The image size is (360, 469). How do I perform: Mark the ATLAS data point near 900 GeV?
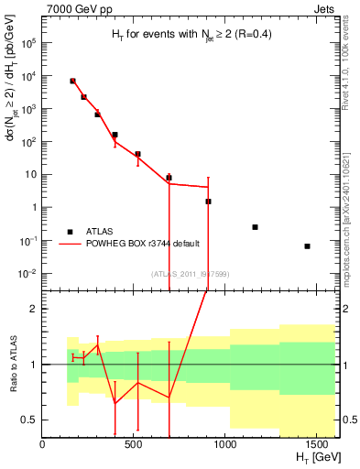(208, 202)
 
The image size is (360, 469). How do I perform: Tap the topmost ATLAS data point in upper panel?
(72, 82)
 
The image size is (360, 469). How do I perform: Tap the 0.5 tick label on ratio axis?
(28, 420)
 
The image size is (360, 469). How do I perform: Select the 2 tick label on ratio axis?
(33, 310)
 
